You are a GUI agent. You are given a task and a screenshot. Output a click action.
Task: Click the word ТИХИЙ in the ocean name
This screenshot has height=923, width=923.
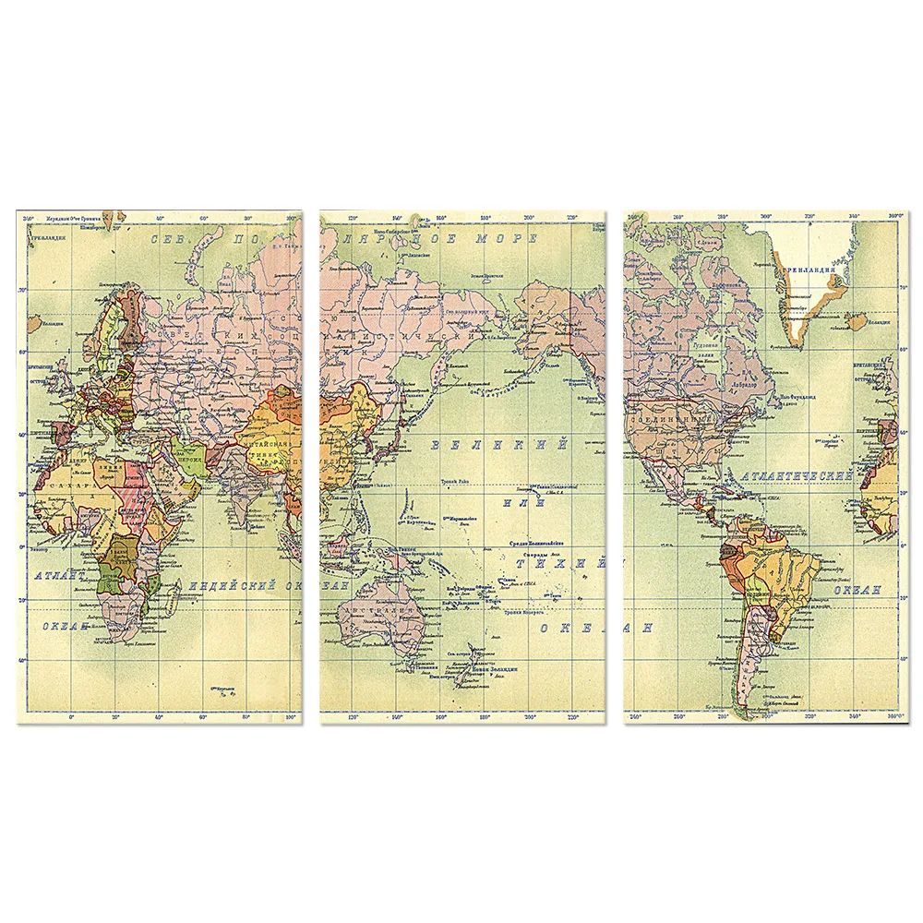tap(561, 561)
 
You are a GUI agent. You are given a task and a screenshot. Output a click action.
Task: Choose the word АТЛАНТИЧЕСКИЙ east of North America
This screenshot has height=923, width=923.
tap(798, 476)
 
